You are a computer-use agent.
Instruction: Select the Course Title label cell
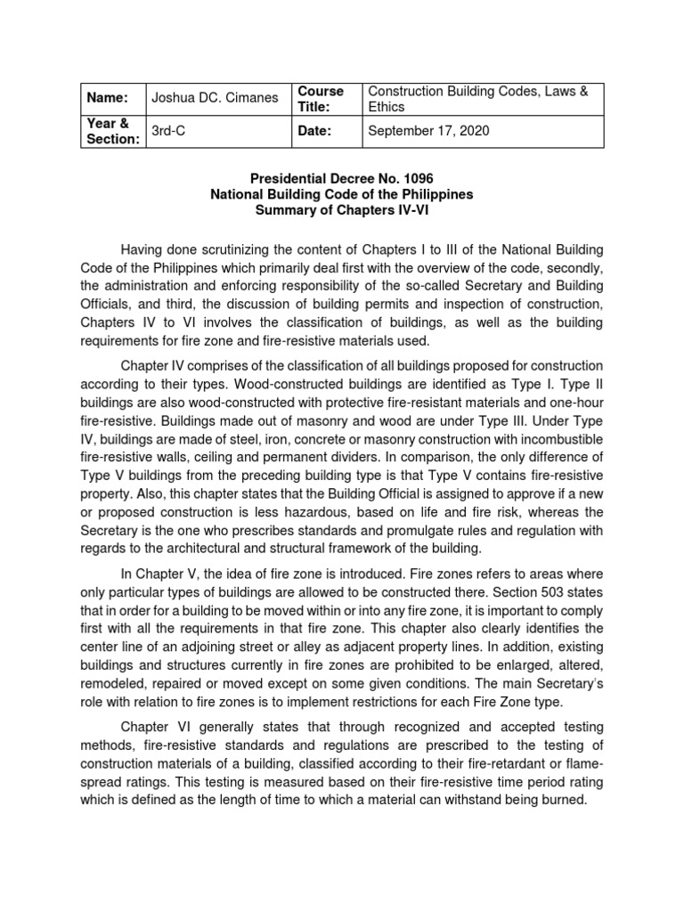point(320,99)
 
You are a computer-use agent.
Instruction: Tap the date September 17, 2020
point(428,131)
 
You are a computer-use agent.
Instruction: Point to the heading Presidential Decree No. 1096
point(342,178)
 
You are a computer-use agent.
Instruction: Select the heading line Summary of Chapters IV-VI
point(342,210)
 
